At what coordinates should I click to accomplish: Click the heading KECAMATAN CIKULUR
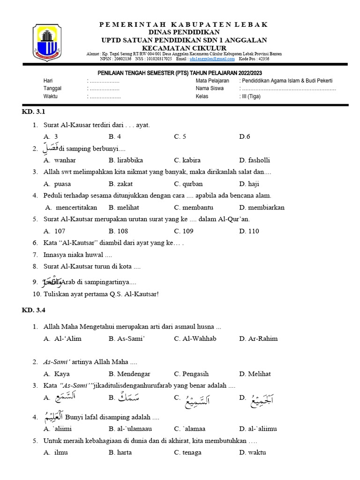184,48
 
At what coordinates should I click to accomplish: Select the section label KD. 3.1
33,112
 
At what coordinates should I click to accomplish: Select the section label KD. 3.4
33,310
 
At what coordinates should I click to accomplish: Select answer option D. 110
249,231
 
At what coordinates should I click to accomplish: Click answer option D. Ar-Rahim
258,339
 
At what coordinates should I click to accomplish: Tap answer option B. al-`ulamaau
130,428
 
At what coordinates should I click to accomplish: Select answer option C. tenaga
187,452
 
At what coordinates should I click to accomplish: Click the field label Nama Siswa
210,89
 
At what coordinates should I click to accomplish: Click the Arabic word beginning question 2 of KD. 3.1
52,148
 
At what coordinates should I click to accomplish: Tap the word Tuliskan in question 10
57,294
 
